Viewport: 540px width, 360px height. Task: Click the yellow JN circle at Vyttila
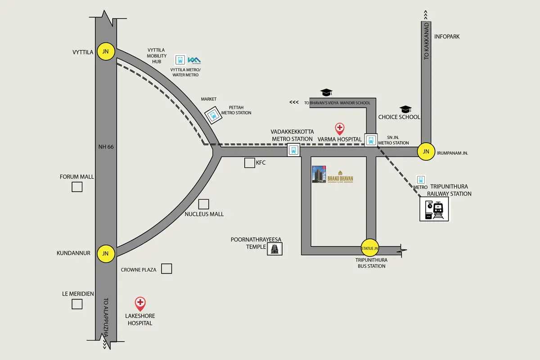pos(105,52)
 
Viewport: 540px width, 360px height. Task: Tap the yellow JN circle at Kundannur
pos(105,253)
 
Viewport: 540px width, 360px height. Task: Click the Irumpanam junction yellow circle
pos(426,152)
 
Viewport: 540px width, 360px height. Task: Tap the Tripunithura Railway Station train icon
pos(435,209)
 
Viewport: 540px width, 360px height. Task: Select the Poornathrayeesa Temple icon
pos(274,248)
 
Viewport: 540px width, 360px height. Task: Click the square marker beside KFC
pos(249,163)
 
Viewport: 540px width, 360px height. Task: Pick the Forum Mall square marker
pos(77,187)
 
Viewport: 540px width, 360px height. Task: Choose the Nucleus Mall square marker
pos(203,204)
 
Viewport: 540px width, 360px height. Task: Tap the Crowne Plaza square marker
pos(166,269)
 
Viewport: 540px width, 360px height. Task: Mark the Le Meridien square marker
pos(77,304)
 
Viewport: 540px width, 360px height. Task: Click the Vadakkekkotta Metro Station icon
pos(293,150)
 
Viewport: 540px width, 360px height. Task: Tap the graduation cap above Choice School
pos(405,109)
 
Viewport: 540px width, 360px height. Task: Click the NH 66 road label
pos(106,147)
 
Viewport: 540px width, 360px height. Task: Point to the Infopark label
pos(447,36)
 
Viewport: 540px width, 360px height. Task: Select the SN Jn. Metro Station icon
pos(371,140)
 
